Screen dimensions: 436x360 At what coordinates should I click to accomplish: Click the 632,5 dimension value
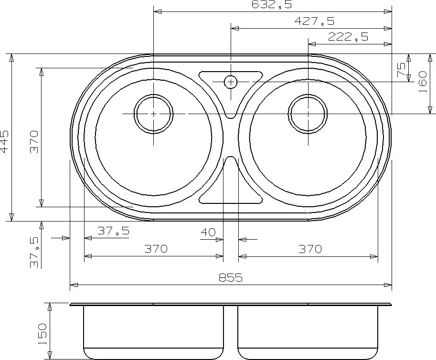(x=272, y=4)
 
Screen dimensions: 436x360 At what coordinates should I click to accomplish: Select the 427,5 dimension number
(x=314, y=21)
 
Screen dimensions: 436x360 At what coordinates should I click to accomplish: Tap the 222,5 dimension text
(x=348, y=37)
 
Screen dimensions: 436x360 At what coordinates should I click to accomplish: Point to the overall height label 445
(x=5, y=142)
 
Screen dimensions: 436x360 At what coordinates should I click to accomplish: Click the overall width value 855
(x=231, y=277)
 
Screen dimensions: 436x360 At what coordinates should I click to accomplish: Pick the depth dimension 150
(x=42, y=334)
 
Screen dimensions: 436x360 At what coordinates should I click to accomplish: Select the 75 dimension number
(x=401, y=70)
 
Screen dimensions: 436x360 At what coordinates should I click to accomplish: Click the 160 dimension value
(x=422, y=82)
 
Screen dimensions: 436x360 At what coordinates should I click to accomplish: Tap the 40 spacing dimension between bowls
(x=208, y=232)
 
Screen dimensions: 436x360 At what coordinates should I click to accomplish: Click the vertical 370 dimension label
(x=34, y=142)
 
